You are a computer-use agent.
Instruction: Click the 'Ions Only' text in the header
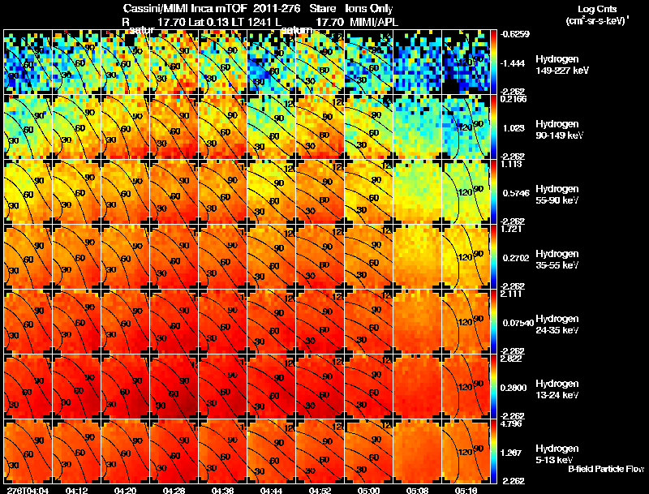[370, 8]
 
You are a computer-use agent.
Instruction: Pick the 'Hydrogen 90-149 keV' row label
[557, 130]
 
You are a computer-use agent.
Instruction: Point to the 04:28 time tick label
[174, 490]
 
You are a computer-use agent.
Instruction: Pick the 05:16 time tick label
[466, 490]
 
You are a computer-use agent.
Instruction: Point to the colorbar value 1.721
[509, 228]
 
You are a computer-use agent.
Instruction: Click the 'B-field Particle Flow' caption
[605, 469]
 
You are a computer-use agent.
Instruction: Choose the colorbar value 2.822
[509, 358]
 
